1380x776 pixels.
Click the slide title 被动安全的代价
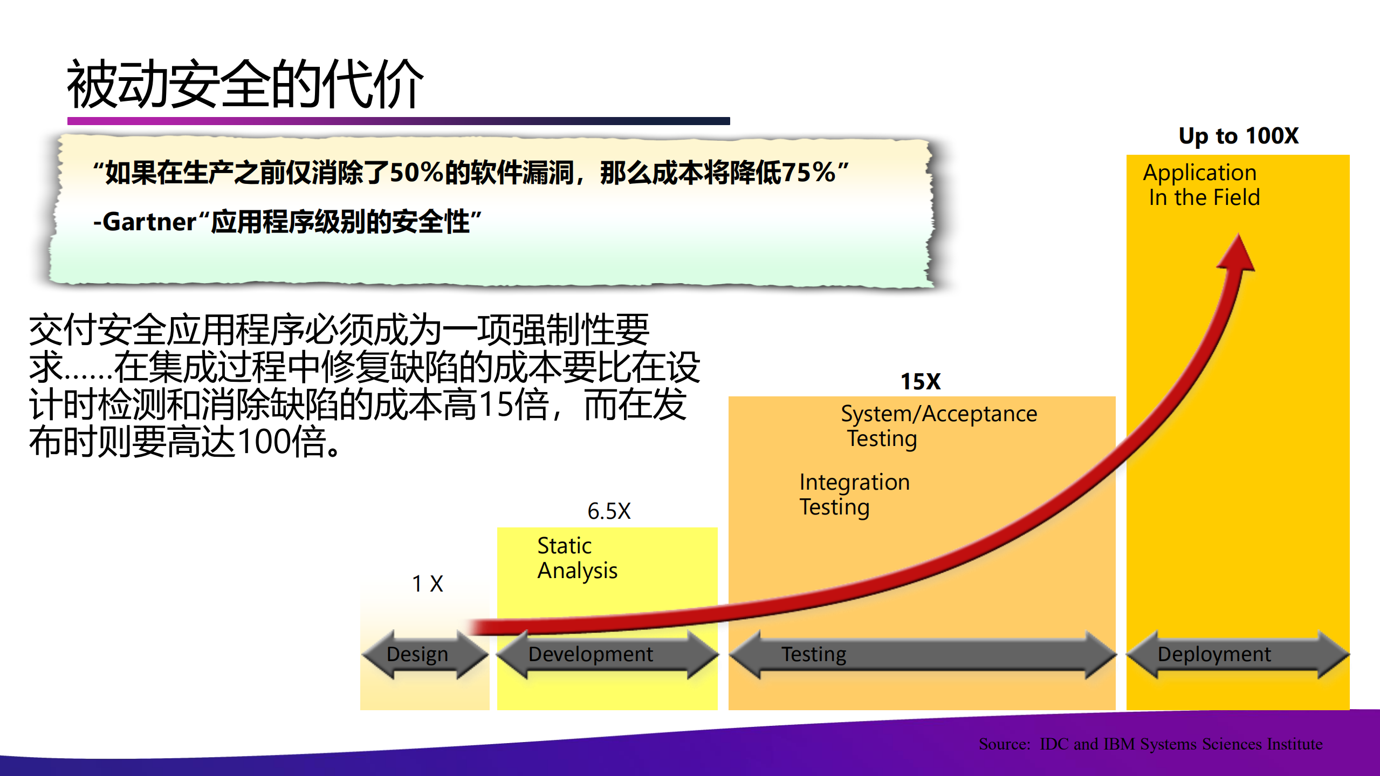pyautogui.click(x=245, y=84)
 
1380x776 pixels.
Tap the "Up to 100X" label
pyautogui.click(x=1238, y=136)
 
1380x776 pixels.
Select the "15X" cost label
pyautogui.click(x=921, y=382)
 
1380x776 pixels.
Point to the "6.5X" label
pyautogui.click(x=609, y=511)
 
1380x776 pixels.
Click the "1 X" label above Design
pyautogui.click(x=427, y=583)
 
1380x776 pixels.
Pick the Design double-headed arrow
pyautogui.click(x=424, y=654)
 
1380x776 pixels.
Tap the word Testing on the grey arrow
pyautogui.click(x=814, y=654)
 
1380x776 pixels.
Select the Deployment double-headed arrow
pyautogui.click(x=1237, y=654)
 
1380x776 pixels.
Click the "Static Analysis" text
pyautogui.click(x=577, y=558)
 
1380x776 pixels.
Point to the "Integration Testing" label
pyautogui.click(x=854, y=494)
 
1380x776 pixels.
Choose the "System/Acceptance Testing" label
pyautogui.click(x=938, y=426)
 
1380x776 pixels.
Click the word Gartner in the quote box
pyautogui.click(x=149, y=222)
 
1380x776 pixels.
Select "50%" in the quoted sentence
pyautogui.click(x=417, y=173)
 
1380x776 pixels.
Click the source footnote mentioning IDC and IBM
pyautogui.click(x=1150, y=744)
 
